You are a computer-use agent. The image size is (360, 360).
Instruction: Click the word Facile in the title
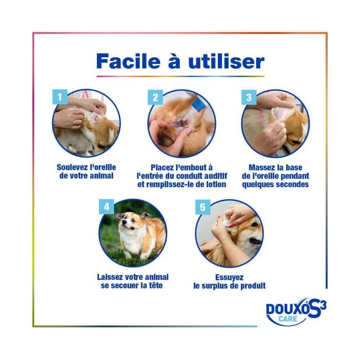tap(128, 61)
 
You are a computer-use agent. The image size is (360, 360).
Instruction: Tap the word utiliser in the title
tap(226, 61)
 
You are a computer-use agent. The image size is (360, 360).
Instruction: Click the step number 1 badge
tap(60, 96)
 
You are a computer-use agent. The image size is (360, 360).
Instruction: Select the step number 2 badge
tap(155, 97)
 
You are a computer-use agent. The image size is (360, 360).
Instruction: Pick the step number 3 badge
tap(249, 97)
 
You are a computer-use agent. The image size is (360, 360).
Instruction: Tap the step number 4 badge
tap(107, 207)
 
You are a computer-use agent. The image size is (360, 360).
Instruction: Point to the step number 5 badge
tap(203, 207)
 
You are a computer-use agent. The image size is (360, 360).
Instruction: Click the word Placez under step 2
tap(162, 167)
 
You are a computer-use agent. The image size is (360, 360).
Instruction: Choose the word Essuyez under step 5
tap(229, 277)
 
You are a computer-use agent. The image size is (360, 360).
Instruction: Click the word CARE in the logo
tap(288, 319)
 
